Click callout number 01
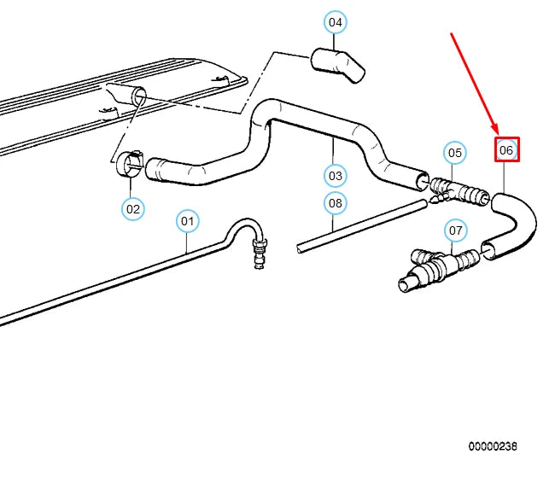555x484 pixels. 188,221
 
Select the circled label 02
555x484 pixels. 132,207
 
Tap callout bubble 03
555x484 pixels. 335,176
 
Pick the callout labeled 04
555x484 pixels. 335,22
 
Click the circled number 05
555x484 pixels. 455,153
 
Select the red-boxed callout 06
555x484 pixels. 506,150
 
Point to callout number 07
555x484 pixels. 455,230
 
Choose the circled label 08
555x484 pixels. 335,203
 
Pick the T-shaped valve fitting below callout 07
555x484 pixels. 435,267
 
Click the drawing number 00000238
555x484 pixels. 492,446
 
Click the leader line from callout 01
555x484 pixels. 188,243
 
